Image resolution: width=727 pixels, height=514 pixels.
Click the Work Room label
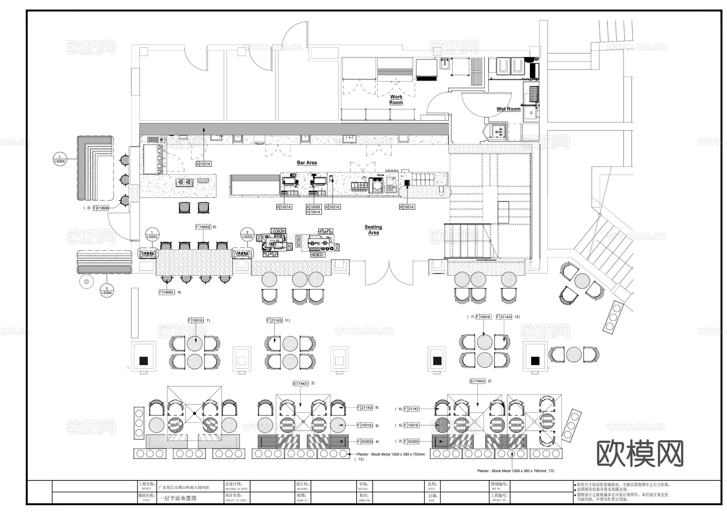coord(396,99)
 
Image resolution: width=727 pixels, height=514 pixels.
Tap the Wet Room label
coord(508,109)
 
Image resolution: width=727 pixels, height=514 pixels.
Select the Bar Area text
coord(307,163)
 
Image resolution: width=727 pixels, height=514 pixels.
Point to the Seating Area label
coord(373,230)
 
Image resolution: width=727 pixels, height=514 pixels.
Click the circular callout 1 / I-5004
coord(59,159)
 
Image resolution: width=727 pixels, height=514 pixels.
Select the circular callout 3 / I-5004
coord(106,290)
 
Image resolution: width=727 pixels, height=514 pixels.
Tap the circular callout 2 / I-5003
coord(247,235)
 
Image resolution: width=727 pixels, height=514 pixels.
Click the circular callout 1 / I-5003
coord(152,235)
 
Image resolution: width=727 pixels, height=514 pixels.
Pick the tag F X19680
coord(101,208)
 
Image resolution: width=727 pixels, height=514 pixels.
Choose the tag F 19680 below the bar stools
coord(167,292)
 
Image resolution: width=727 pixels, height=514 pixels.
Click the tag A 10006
coord(313,207)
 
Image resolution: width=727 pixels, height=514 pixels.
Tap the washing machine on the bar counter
coord(377,185)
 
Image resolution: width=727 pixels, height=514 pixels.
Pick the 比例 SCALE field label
coord(432,484)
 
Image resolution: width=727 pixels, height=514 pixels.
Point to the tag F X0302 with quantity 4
coord(365,442)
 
